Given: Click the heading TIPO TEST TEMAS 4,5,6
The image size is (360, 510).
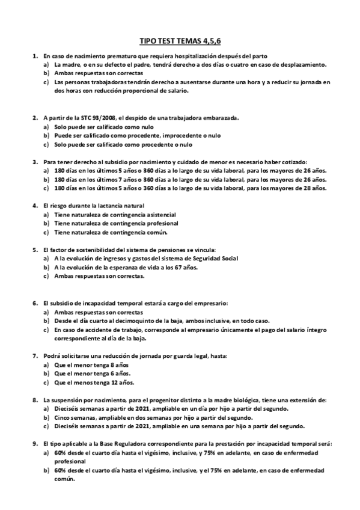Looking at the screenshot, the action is click(180, 40).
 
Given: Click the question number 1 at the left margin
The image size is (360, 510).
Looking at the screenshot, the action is click(34, 56).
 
